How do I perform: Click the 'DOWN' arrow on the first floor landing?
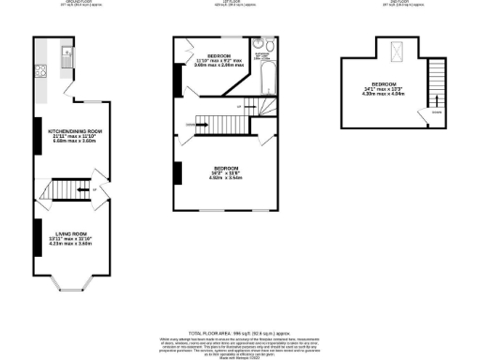click(198, 124)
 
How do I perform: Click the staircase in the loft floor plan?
click(435, 82)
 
